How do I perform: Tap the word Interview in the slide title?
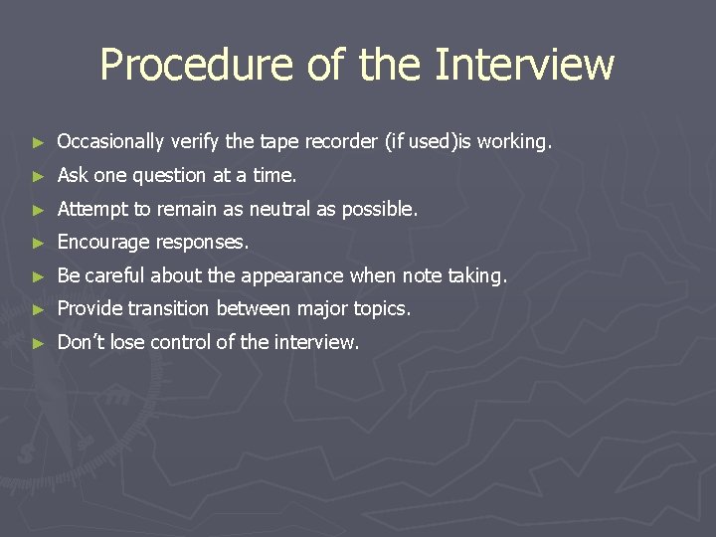(x=525, y=66)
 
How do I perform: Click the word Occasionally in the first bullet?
(x=112, y=142)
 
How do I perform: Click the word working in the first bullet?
(x=513, y=142)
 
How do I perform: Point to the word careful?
(x=114, y=275)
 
